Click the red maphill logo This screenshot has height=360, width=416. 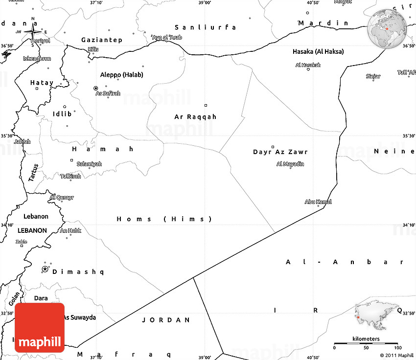click(40, 327)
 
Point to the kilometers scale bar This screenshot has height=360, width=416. click(366, 344)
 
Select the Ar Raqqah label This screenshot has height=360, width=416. click(195, 117)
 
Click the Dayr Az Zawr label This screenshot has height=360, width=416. click(280, 152)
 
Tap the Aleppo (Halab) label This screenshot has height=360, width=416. click(121, 75)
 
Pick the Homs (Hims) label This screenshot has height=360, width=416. click(164, 219)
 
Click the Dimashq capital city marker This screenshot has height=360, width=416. click(45, 270)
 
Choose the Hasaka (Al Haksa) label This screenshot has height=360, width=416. click(318, 51)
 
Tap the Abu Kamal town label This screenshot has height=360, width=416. click(318, 202)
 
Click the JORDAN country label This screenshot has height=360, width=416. click(166, 320)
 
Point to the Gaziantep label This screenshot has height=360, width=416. click(102, 40)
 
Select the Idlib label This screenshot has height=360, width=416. click(62, 113)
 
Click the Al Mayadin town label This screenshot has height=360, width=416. click(290, 164)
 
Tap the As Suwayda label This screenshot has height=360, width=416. click(79, 317)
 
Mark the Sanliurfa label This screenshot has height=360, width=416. click(206, 27)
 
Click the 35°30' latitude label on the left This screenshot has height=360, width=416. click(7, 136)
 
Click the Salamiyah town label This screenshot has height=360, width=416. click(89, 164)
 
